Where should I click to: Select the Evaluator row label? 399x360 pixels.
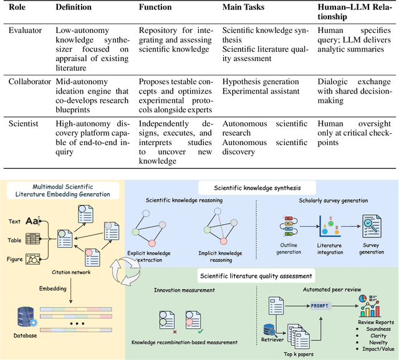click(x=26, y=29)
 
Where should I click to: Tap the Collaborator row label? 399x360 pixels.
click(x=31, y=81)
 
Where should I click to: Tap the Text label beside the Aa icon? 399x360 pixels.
click(x=14, y=221)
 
